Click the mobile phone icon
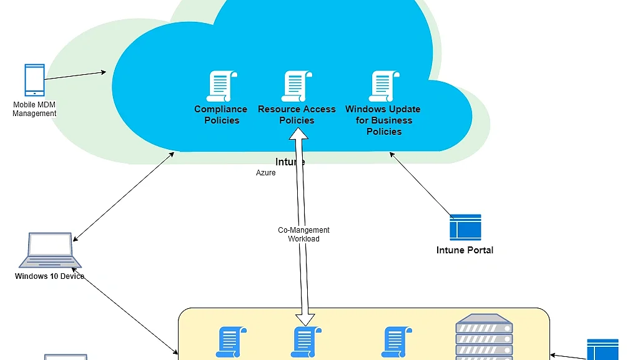(34, 79)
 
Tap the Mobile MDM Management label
(34, 109)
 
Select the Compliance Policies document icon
(222, 86)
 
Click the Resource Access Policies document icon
(297, 86)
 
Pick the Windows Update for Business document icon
(384, 86)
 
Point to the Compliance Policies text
(221, 115)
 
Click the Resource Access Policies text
(297, 115)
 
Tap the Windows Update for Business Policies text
(384, 120)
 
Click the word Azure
(265, 173)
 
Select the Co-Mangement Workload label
(303, 235)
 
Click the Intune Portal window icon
(465, 228)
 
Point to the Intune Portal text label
(465, 250)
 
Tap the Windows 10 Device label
(50, 276)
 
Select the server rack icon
(484, 337)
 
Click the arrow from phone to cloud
(75, 75)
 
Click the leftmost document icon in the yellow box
(230, 343)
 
